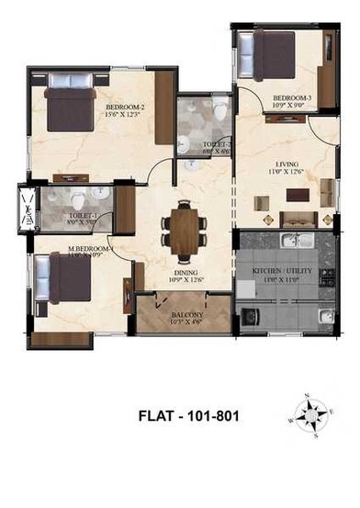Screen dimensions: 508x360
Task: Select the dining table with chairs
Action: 183,224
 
